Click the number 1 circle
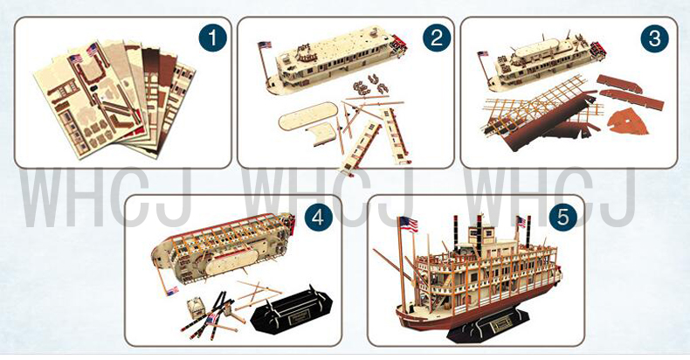212,38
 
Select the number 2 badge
437,38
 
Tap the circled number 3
655,38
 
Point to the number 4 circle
318,218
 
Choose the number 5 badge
562,218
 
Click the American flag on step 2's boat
265,45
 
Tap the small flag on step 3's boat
483,53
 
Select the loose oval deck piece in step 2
308,116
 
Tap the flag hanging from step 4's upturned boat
172,291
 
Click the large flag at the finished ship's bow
408,224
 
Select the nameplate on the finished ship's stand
501,324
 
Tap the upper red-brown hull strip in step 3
619,84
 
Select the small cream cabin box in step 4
195,308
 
